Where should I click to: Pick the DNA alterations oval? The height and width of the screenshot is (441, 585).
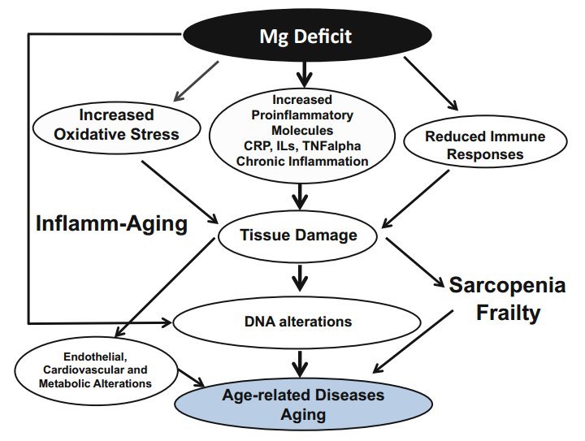coord(299,321)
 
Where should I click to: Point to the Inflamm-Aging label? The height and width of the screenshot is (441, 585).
coord(111,223)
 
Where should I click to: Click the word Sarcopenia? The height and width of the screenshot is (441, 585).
coord(508,286)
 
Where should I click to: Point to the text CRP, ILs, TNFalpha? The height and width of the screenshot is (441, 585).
coord(303,146)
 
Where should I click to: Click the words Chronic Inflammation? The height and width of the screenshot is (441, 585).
coord(303,161)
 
